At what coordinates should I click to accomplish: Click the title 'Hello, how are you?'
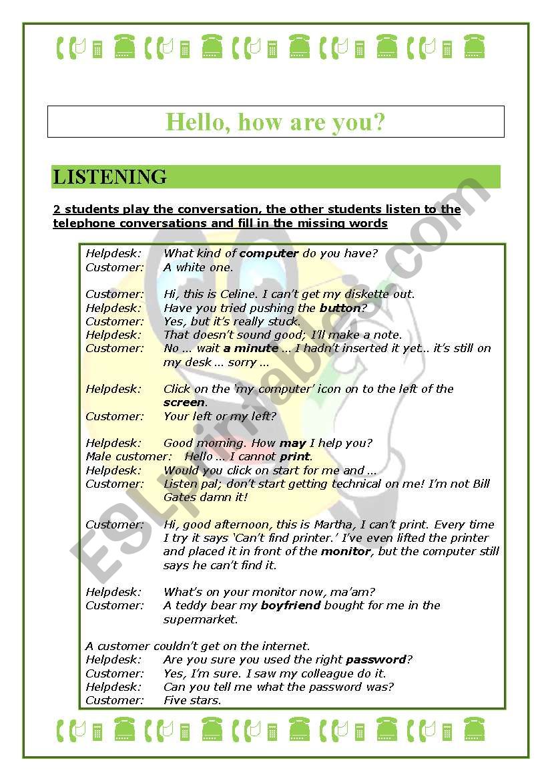tap(275, 122)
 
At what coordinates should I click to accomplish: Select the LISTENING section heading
tap(110, 177)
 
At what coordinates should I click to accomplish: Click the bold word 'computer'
tap(268, 253)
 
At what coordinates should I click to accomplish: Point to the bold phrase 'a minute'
tap(250, 348)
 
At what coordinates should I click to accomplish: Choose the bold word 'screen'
tap(184, 402)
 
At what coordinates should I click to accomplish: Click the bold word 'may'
tap(292, 443)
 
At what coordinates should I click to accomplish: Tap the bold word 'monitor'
tap(345, 552)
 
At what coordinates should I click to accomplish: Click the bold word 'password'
tap(375, 659)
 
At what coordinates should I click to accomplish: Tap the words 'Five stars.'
tap(192, 700)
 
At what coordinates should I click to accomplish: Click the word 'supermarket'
tap(200, 619)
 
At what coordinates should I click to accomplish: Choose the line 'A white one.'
tap(198, 267)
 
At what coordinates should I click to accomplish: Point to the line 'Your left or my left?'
tap(220, 416)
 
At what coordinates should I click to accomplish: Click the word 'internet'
tap(286, 646)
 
